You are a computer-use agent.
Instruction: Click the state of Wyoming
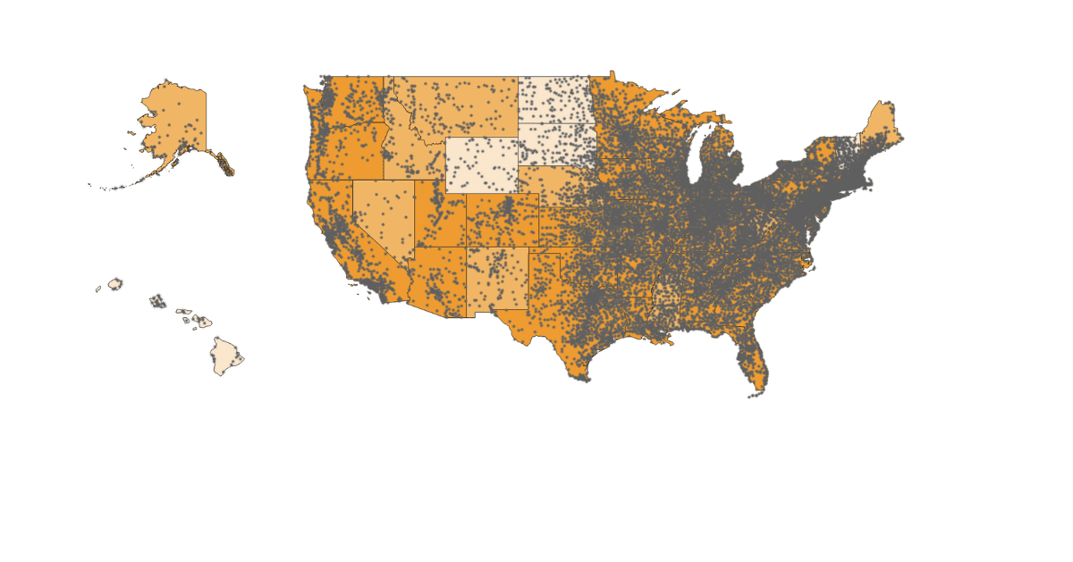(x=481, y=165)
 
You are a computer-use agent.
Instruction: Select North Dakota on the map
(x=553, y=99)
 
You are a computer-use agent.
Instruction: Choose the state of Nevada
(x=380, y=214)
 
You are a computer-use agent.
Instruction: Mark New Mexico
(x=496, y=281)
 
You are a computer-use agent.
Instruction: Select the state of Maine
(x=880, y=125)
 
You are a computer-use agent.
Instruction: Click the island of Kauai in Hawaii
(x=114, y=283)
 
